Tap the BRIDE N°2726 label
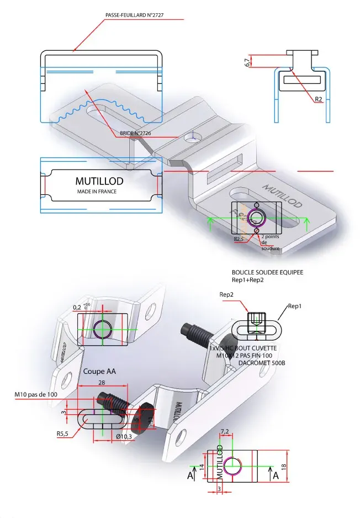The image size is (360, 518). [135, 134]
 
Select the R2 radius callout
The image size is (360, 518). [319, 100]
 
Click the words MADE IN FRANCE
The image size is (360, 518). [97, 191]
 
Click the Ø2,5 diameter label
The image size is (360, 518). [239, 239]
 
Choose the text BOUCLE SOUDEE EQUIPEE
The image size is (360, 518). [268, 272]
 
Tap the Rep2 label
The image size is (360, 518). [226, 294]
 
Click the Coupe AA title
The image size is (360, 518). [98, 371]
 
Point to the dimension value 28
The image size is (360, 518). [101, 382]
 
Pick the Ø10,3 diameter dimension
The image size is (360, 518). [125, 436]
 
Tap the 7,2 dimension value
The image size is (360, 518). [225, 431]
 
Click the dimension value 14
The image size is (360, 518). [202, 466]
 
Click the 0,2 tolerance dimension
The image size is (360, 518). [77, 307]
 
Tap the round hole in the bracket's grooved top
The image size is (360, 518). [193, 138]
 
